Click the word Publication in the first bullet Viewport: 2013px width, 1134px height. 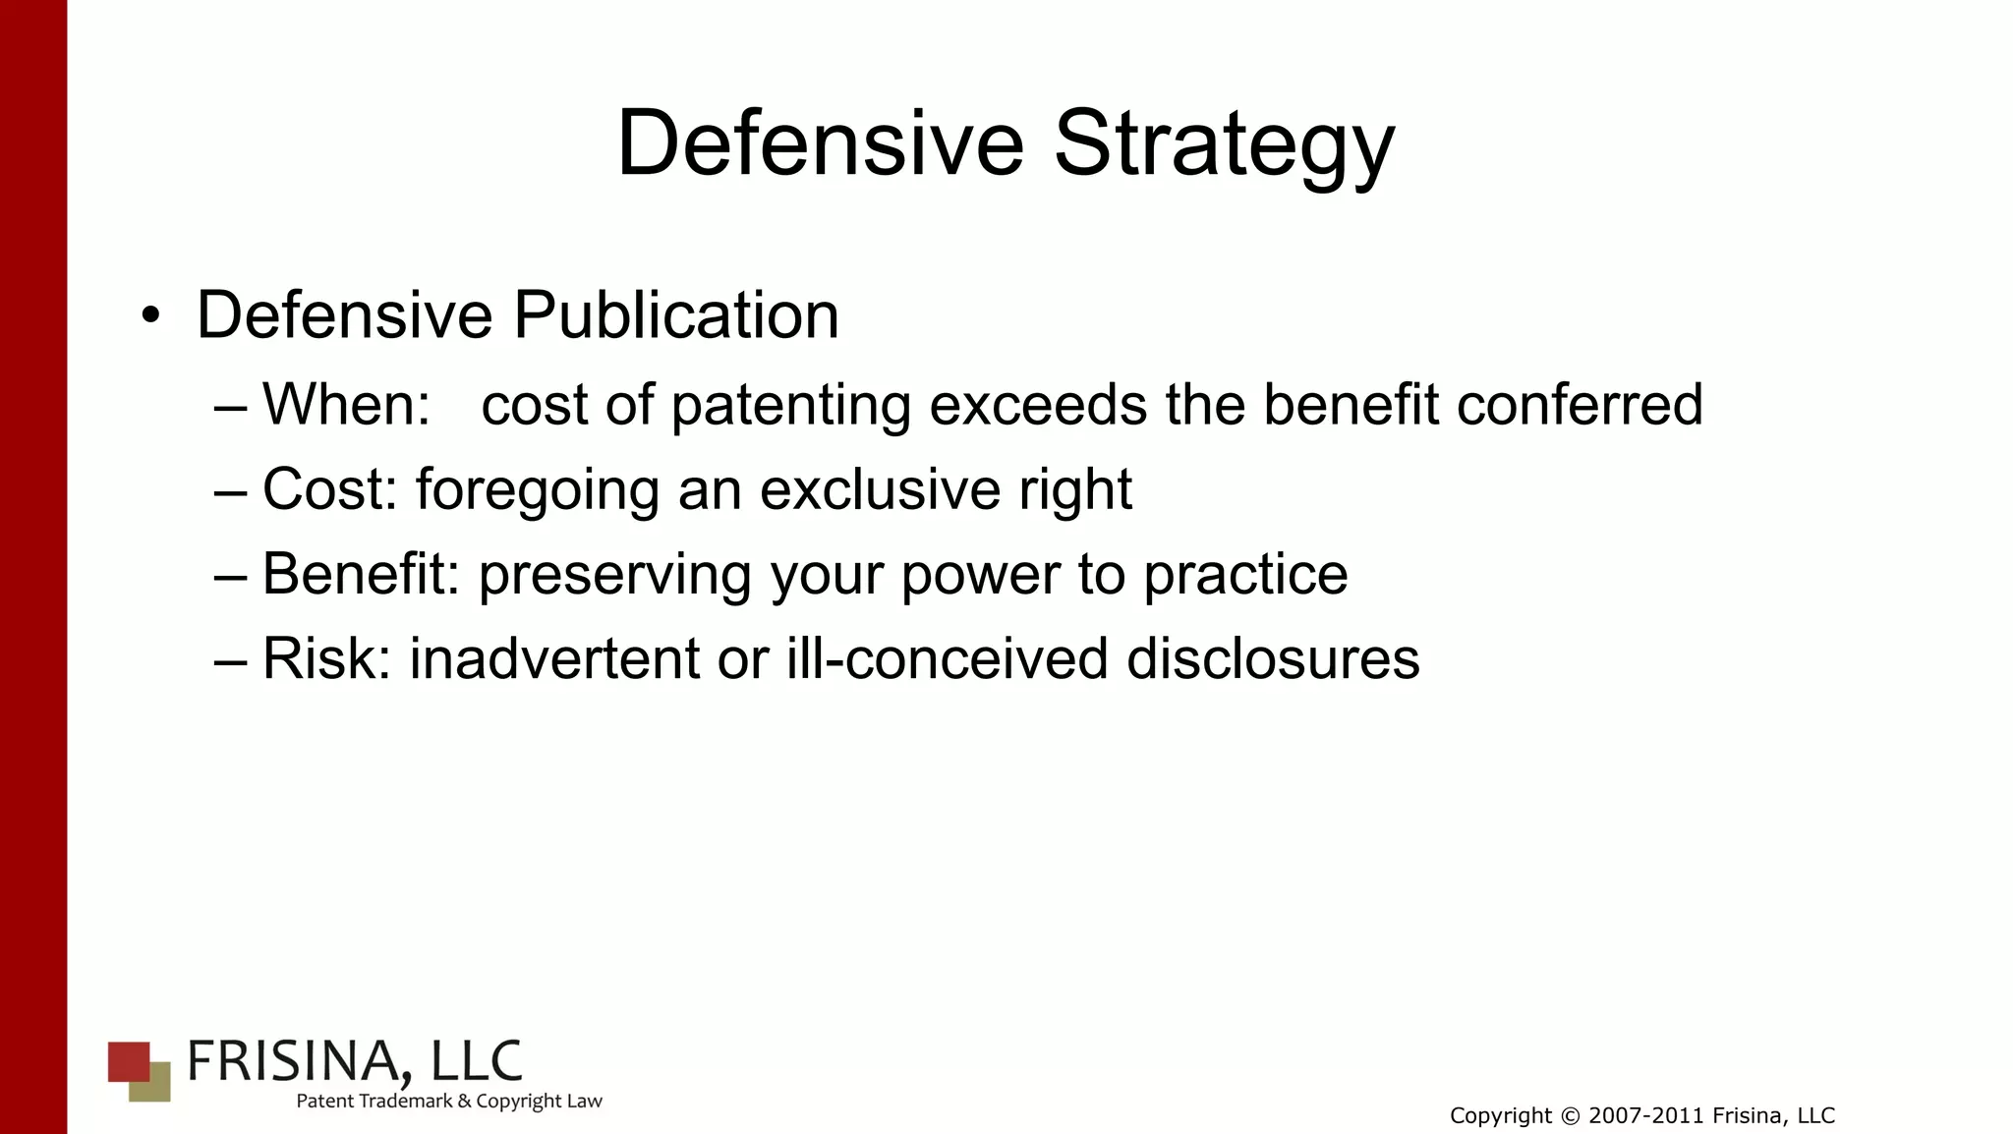point(676,315)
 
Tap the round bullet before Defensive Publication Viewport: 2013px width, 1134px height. point(150,316)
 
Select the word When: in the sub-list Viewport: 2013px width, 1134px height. point(346,404)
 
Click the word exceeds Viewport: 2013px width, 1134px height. point(1038,404)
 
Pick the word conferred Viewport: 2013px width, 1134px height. point(1580,404)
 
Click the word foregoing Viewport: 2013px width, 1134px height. point(538,490)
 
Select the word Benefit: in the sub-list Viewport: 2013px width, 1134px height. point(361,574)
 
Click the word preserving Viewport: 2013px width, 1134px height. point(615,575)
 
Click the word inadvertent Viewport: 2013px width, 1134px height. point(554,658)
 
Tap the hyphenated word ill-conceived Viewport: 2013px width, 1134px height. point(948,658)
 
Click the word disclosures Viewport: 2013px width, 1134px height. point(1273,658)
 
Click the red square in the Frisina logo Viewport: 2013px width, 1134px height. point(128,1060)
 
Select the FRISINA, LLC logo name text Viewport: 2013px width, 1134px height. point(354,1061)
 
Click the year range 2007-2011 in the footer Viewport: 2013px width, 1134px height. point(1646,1116)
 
